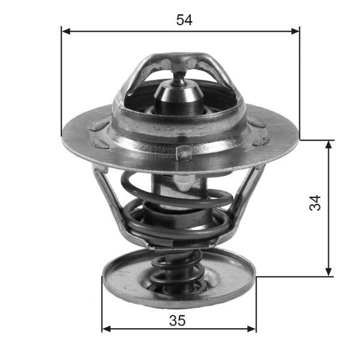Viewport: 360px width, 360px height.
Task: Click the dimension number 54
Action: (184, 20)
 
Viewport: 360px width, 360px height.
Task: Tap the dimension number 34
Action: (315, 202)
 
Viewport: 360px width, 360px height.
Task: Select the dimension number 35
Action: (177, 320)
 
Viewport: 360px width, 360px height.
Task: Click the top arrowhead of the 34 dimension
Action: (329, 145)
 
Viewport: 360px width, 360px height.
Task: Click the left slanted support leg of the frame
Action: (108, 198)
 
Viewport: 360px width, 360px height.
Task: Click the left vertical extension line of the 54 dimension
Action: (62, 78)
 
